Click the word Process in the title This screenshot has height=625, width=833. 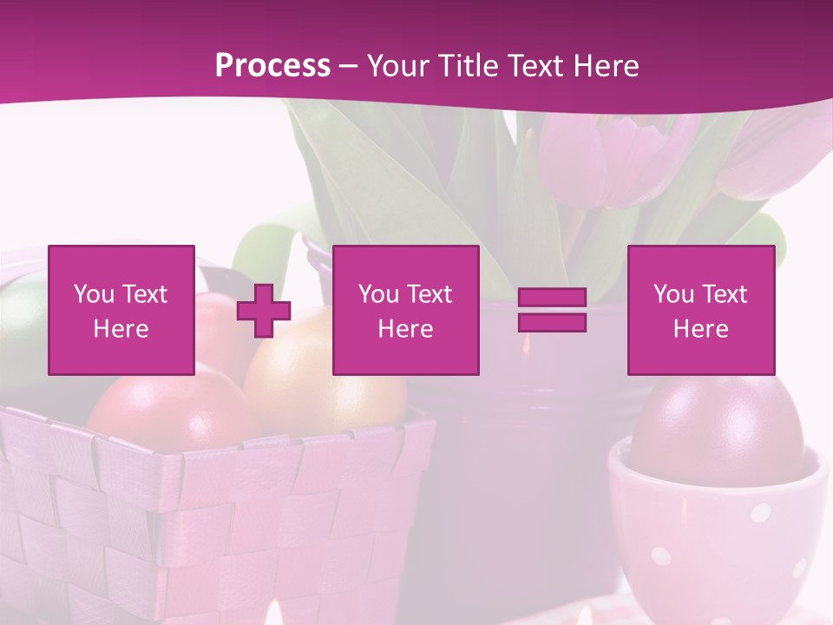(x=272, y=66)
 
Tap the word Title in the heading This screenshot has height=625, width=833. (x=462, y=66)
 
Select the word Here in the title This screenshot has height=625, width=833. (x=606, y=66)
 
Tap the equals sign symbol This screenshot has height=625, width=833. (x=552, y=310)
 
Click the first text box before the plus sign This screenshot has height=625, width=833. (x=121, y=310)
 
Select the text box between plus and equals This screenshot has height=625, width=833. (x=405, y=310)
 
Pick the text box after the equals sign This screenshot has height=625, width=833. (x=701, y=310)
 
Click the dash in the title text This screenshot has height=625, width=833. (x=348, y=67)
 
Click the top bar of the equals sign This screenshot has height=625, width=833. (x=552, y=298)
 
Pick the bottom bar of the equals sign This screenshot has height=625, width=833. (x=552, y=322)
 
